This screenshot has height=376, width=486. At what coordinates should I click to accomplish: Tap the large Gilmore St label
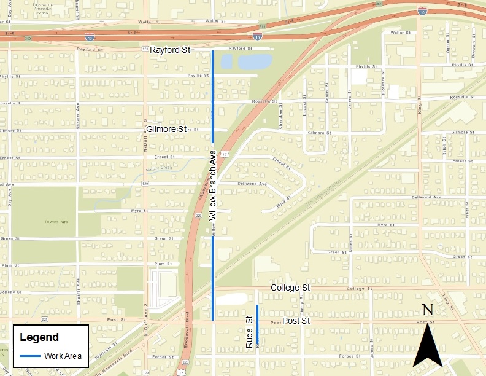click(166, 130)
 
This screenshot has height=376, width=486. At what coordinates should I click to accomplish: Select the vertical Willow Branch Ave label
click(213, 185)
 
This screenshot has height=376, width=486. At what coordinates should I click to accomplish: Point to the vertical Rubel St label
click(249, 332)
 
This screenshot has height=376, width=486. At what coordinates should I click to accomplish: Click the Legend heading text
click(39, 337)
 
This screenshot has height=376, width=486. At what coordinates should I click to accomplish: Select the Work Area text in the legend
click(63, 356)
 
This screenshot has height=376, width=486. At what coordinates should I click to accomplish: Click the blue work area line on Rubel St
click(257, 324)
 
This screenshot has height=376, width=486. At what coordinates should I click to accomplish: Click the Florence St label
click(382, 87)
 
